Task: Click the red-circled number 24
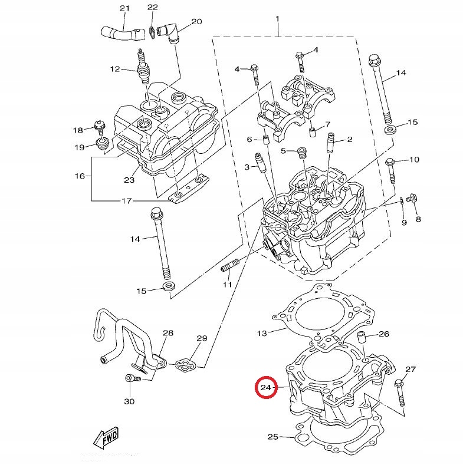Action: (x=265, y=388)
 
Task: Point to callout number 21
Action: (x=124, y=8)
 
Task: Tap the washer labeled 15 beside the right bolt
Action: (x=390, y=128)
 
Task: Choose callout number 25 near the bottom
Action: (x=272, y=437)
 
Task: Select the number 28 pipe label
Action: (x=168, y=334)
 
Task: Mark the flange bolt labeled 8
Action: (x=412, y=202)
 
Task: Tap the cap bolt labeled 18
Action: (x=99, y=127)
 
